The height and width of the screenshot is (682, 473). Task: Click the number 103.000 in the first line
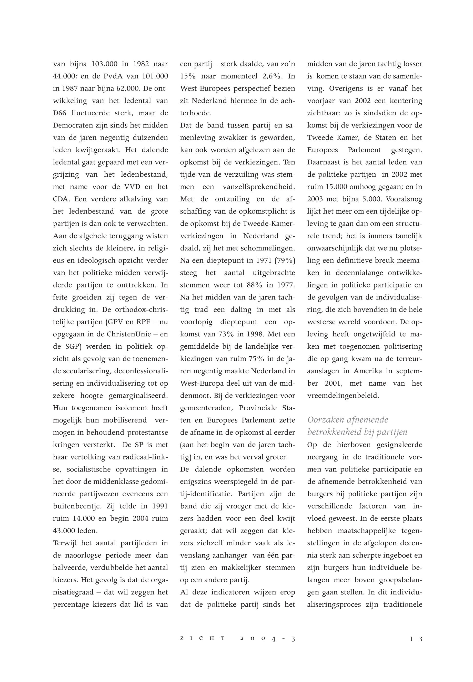pos(104,64)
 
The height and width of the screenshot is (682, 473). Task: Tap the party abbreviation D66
pos(60,113)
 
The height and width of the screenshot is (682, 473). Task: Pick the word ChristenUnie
pos(130,334)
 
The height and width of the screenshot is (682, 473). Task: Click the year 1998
pos(255,334)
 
